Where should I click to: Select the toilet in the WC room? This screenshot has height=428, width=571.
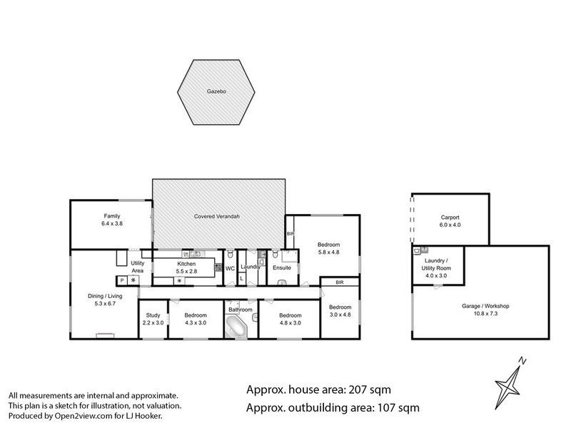[232, 255]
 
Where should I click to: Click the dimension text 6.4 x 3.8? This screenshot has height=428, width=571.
[111, 223]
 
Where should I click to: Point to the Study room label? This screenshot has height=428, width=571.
[153, 315]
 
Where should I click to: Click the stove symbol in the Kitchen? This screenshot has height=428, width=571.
[178, 280]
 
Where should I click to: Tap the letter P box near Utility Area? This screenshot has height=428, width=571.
[121, 280]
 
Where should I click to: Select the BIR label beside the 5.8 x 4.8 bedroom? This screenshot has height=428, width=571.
[290, 233]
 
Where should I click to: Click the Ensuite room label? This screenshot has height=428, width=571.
[281, 267]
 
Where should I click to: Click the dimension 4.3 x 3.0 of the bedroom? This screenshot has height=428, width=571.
[196, 322]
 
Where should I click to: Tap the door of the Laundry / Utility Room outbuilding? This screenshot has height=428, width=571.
[436, 285]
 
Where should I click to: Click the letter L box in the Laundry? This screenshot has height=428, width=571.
[242, 278]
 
